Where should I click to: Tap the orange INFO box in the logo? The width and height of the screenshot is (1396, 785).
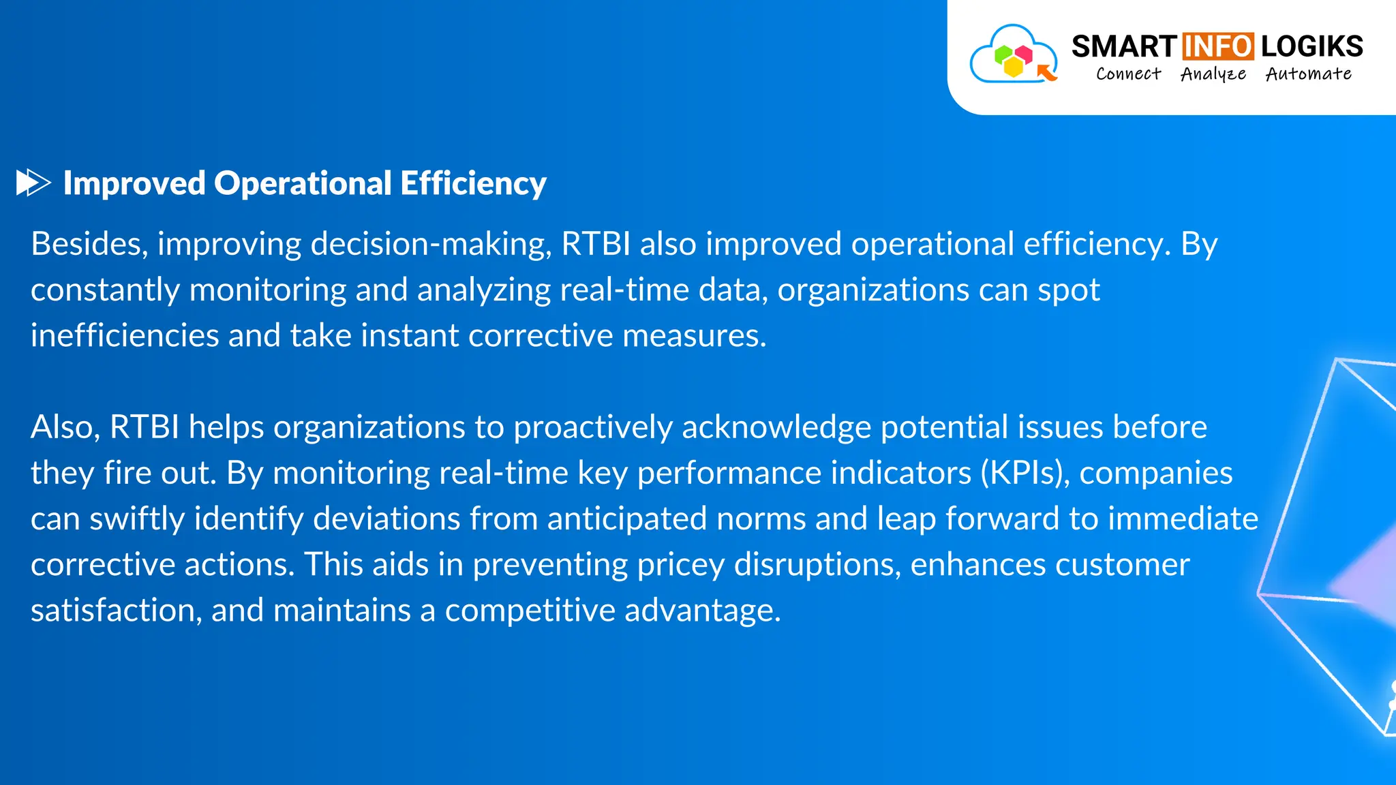pyautogui.click(x=1217, y=46)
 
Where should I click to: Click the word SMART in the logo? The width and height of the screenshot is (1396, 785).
pyautogui.click(x=1124, y=46)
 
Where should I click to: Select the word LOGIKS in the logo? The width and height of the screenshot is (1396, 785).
pyautogui.click(x=1311, y=46)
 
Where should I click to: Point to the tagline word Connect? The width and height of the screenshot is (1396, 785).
pyautogui.click(x=1128, y=74)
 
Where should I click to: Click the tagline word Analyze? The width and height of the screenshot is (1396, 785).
pyautogui.click(x=1213, y=74)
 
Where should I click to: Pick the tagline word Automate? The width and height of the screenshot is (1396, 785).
pyautogui.click(x=1308, y=74)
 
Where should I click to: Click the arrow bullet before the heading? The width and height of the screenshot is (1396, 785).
pyautogui.click(x=33, y=183)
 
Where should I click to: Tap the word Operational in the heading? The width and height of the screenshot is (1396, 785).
pyautogui.click(x=303, y=183)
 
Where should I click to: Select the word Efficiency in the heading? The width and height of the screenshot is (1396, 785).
pyautogui.click(x=473, y=183)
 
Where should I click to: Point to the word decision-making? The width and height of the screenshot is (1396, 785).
pyautogui.click(x=431, y=244)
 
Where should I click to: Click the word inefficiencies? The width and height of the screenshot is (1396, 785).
pyautogui.click(x=125, y=335)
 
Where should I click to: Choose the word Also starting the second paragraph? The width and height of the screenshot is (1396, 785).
pyautogui.click(x=65, y=427)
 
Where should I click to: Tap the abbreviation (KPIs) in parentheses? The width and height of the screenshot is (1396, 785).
pyautogui.click(x=1025, y=473)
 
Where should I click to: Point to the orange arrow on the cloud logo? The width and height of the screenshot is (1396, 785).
pyautogui.click(x=1046, y=72)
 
